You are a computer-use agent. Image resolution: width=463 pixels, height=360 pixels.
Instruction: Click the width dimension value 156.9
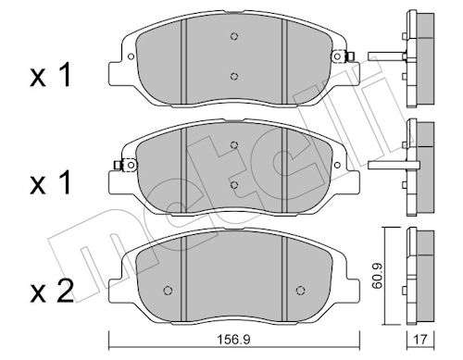coord(233,340)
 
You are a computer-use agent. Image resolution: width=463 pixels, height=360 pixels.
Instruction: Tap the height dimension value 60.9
coord(377,276)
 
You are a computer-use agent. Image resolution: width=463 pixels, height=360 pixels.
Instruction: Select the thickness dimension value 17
coord(419,340)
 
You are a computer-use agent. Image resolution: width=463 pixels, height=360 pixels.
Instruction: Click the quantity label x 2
coord(52,292)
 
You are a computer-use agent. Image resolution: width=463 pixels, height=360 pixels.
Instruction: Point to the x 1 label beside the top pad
coord(51,75)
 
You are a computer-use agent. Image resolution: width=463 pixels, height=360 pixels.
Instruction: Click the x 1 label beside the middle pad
coord(51,183)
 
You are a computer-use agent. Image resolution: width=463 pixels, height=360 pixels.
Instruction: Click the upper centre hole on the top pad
coord(234,36)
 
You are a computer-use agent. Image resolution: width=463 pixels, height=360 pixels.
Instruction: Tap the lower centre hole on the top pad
coord(234,76)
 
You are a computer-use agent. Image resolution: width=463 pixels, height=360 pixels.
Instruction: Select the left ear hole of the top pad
coord(131,56)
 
